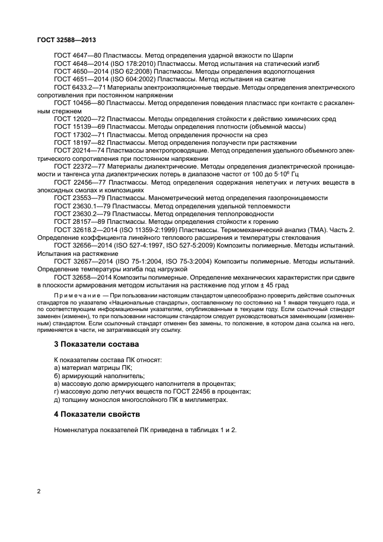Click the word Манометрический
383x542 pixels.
pos(178,198)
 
